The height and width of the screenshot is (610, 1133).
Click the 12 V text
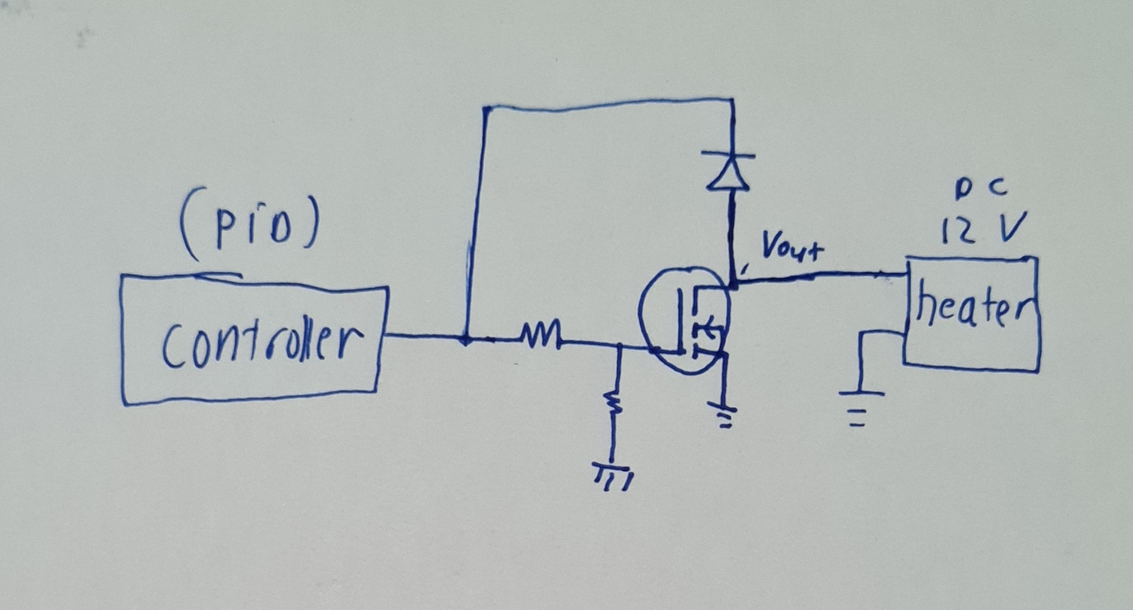[x=982, y=229]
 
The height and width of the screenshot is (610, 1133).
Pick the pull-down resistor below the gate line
[x=613, y=403]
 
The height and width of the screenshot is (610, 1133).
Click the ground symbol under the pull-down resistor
[x=612, y=476]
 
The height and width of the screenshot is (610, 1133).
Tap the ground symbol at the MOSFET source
[x=724, y=415]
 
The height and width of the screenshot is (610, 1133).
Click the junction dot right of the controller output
[x=466, y=339]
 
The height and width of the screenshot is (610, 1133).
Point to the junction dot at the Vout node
[x=733, y=283]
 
